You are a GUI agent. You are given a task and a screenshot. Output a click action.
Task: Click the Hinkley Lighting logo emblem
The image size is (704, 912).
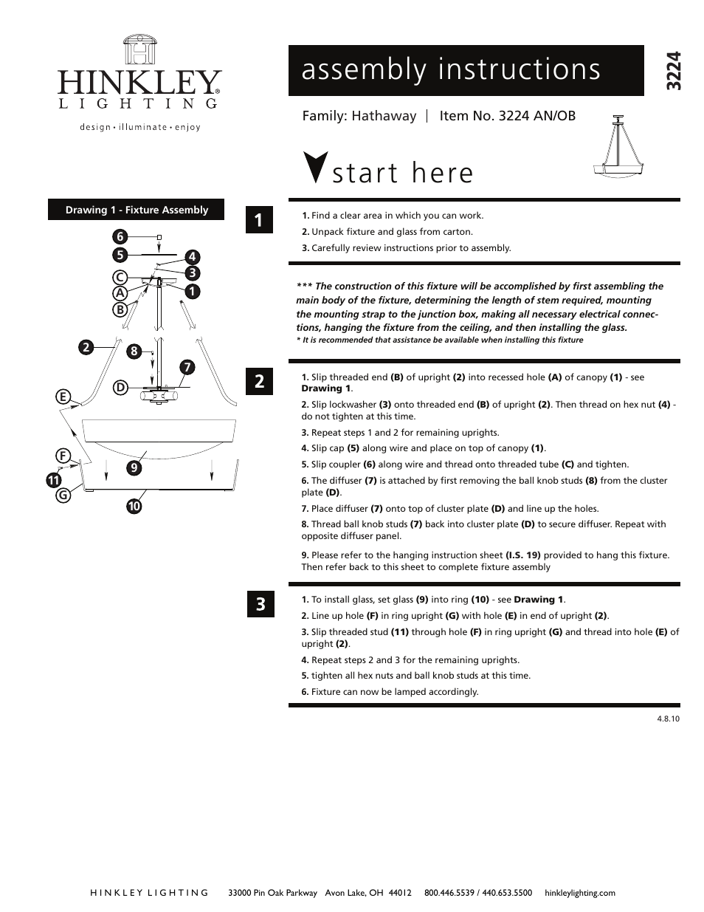click(x=139, y=50)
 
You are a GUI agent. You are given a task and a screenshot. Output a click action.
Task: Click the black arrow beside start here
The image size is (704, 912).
click(x=316, y=166)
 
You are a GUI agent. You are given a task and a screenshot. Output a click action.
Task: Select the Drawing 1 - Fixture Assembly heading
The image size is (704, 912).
click(x=137, y=210)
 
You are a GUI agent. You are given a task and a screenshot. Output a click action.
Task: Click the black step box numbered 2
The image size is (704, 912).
click(x=259, y=381)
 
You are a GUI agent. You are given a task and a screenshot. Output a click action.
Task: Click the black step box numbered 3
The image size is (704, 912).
click(x=259, y=604)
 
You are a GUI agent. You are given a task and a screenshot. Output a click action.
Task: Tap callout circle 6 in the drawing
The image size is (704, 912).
click(x=120, y=236)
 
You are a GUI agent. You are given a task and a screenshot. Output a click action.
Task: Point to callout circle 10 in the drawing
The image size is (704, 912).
click(x=134, y=506)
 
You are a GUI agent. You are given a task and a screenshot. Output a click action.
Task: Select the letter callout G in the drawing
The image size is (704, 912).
click(x=63, y=495)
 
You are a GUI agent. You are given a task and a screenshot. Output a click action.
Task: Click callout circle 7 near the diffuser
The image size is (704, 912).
click(x=187, y=367)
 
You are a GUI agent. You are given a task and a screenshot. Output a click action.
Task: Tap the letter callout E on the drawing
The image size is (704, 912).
click(x=63, y=397)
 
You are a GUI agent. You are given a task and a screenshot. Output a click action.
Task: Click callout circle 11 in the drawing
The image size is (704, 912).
click(x=53, y=480)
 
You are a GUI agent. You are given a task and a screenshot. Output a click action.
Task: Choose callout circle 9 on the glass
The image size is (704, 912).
click(x=134, y=467)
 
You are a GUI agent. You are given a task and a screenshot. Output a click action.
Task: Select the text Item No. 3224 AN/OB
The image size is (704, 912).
click(x=507, y=116)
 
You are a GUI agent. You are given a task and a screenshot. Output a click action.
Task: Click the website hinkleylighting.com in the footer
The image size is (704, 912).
click(x=579, y=892)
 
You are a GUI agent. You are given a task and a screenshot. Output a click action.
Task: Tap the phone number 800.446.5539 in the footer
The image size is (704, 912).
click(x=449, y=892)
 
